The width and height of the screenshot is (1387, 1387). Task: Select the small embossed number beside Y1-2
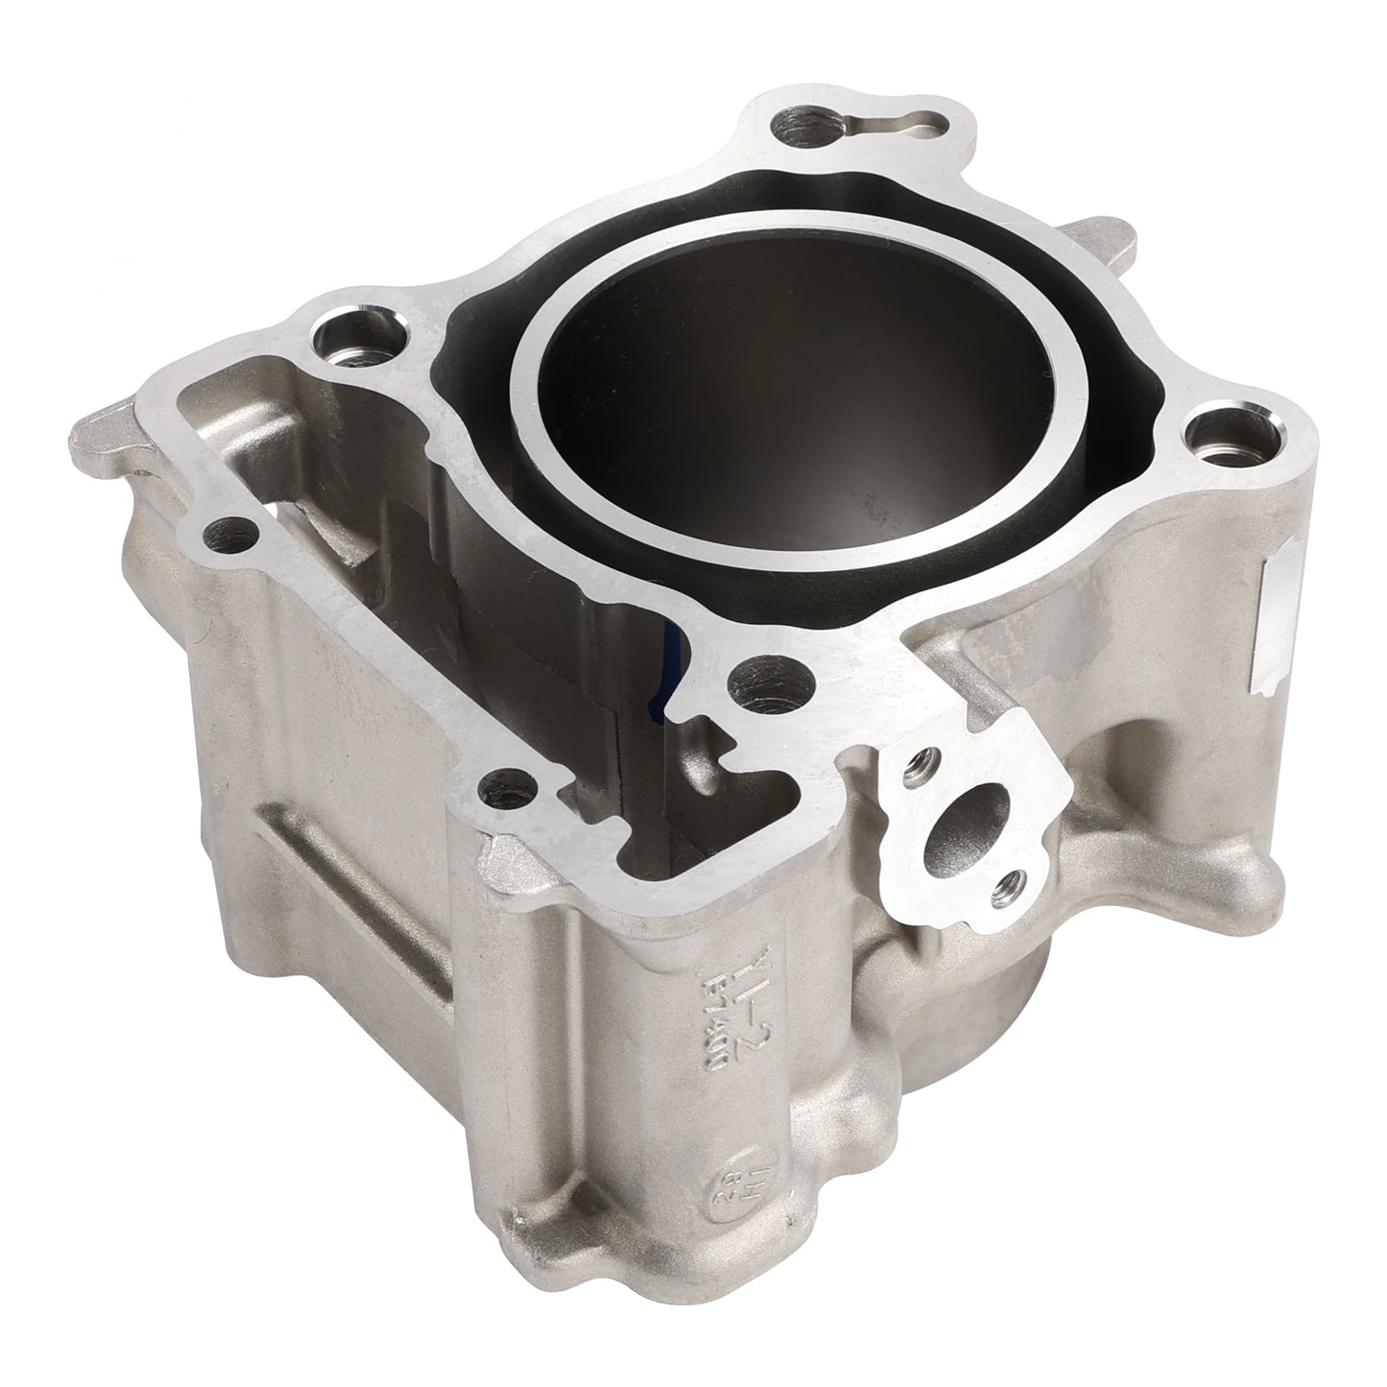708,1008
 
